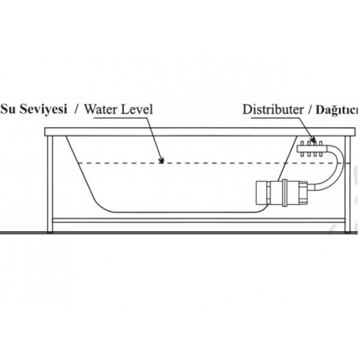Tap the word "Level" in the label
137,109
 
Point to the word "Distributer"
273,110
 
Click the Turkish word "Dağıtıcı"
337,110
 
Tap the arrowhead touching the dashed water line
161,160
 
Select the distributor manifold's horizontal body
311,148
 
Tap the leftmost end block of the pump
262,193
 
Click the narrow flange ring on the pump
285,193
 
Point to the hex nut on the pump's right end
303,193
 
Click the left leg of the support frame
50,184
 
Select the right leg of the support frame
347,184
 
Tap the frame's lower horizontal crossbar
198,220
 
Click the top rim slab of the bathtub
200,131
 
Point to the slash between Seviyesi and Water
76,110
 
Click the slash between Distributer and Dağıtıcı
309,110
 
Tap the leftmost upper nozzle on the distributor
302,143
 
